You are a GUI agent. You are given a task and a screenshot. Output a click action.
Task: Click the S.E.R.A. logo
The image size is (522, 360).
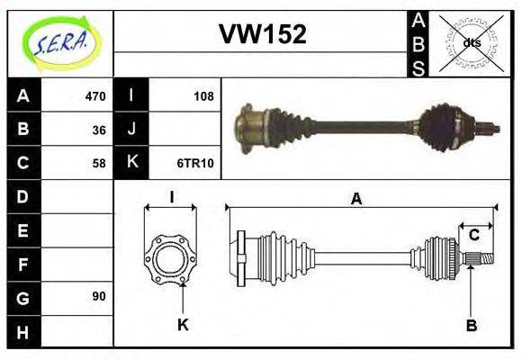tap(59, 43)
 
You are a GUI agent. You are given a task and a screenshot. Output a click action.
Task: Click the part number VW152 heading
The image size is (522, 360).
tap(263, 34)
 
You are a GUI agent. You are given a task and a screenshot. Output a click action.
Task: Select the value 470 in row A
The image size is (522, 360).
tap(94, 96)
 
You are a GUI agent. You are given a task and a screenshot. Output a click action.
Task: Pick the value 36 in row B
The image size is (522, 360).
tap(98, 130)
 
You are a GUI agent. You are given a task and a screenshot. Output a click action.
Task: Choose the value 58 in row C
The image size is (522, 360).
tap(98, 163)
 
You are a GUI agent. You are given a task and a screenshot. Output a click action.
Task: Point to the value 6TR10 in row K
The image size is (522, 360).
tap(194, 163)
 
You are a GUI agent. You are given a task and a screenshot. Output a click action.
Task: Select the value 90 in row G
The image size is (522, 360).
tap(98, 296)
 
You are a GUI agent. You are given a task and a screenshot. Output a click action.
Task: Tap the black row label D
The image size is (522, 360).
tap(22, 196)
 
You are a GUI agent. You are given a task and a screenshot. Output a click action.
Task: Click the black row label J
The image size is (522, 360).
tap(131, 130)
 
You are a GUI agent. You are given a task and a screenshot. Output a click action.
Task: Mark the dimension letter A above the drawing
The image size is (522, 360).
tap(356, 200)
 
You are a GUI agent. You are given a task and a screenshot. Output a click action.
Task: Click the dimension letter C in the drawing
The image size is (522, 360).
tap(474, 236)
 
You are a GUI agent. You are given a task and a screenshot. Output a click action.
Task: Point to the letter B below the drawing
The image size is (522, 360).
tap(471, 325)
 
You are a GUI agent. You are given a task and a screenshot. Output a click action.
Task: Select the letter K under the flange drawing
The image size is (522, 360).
tap(183, 325)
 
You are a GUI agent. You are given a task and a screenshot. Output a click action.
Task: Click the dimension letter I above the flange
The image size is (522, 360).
tap(171, 196)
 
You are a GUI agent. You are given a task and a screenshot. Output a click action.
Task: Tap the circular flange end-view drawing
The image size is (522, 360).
tap(170, 258)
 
